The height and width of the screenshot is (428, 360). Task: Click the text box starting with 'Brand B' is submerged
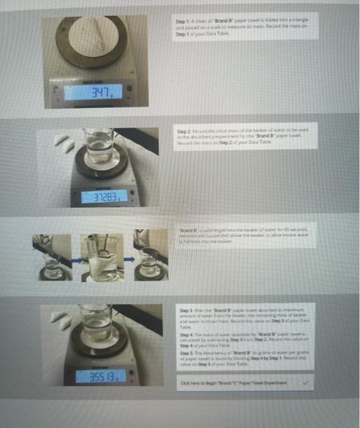[x=244, y=234]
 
